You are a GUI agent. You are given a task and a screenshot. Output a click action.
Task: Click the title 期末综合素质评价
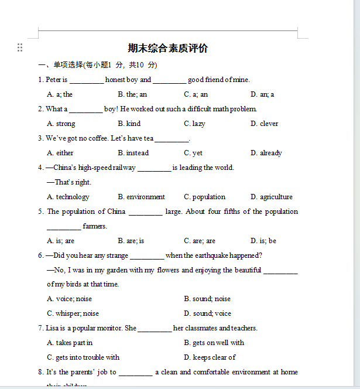(x=168, y=49)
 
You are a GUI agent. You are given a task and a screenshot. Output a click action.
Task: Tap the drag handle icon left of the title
(x=20, y=47)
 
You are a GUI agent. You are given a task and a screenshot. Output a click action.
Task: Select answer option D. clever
(x=264, y=124)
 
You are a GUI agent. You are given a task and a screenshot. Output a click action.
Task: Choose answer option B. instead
(x=133, y=153)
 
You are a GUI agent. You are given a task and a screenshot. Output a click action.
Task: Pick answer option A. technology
(x=68, y=197)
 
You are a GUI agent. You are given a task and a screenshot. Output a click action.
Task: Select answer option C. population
(x=204, y=197)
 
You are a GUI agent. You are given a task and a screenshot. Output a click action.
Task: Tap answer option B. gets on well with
(x=214, y=343)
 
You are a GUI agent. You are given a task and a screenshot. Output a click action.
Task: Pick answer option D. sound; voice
(x=207, y=313)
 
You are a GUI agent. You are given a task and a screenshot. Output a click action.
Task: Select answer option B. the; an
(x=132, y=94)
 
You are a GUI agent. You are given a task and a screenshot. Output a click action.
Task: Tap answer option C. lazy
(x=194, y=124)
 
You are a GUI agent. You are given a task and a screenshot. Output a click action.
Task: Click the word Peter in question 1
(x=53, y=80)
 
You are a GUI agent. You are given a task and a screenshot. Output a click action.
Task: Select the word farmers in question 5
(x=95, y=226)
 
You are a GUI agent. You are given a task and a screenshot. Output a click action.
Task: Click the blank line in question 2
(x=85, y=110)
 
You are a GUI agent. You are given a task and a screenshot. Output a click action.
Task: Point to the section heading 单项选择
(x=68, y=65)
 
